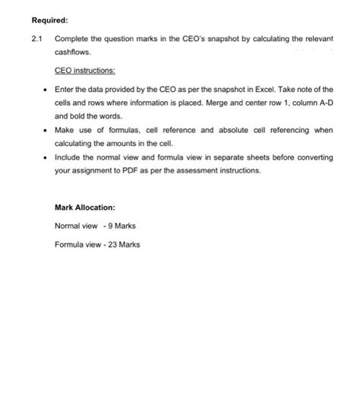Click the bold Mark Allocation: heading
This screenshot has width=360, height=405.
85,207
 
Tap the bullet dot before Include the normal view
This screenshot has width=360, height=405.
45,157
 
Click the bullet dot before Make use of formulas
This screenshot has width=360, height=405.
45,131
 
